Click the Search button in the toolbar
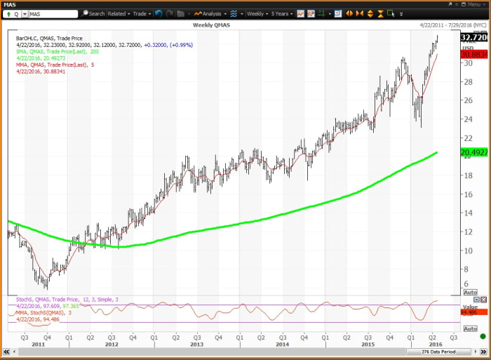[x=93, y=13]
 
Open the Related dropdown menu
[x=118, y=13]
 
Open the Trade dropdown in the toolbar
[x=142, y=13]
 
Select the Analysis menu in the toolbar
[x=210, y=13]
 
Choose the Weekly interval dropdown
[x=257, y=13]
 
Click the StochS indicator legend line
[x=67, y=299]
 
